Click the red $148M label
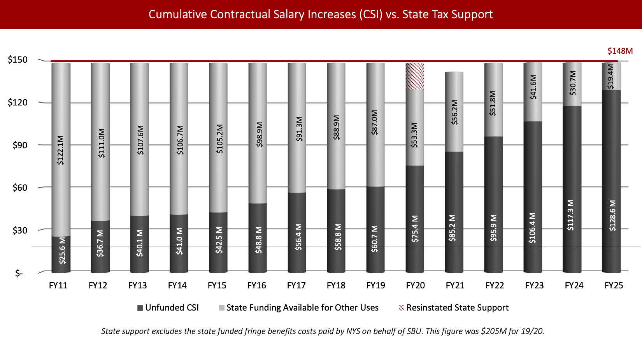(620, 51)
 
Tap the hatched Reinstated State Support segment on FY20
(415, 76)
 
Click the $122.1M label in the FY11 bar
(60, 150)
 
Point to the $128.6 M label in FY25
(612, 215)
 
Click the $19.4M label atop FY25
(610, 77)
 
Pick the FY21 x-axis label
(455, 286)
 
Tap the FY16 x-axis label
(256, 286)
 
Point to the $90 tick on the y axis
(20, 145)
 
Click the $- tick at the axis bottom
(19, 274)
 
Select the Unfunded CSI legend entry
(168, 308)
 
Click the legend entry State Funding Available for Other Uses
(298, 308)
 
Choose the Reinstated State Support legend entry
(454, 308)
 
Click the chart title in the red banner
(321, 14)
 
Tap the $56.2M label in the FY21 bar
(454, 112)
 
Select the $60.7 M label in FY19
(374, 239)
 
